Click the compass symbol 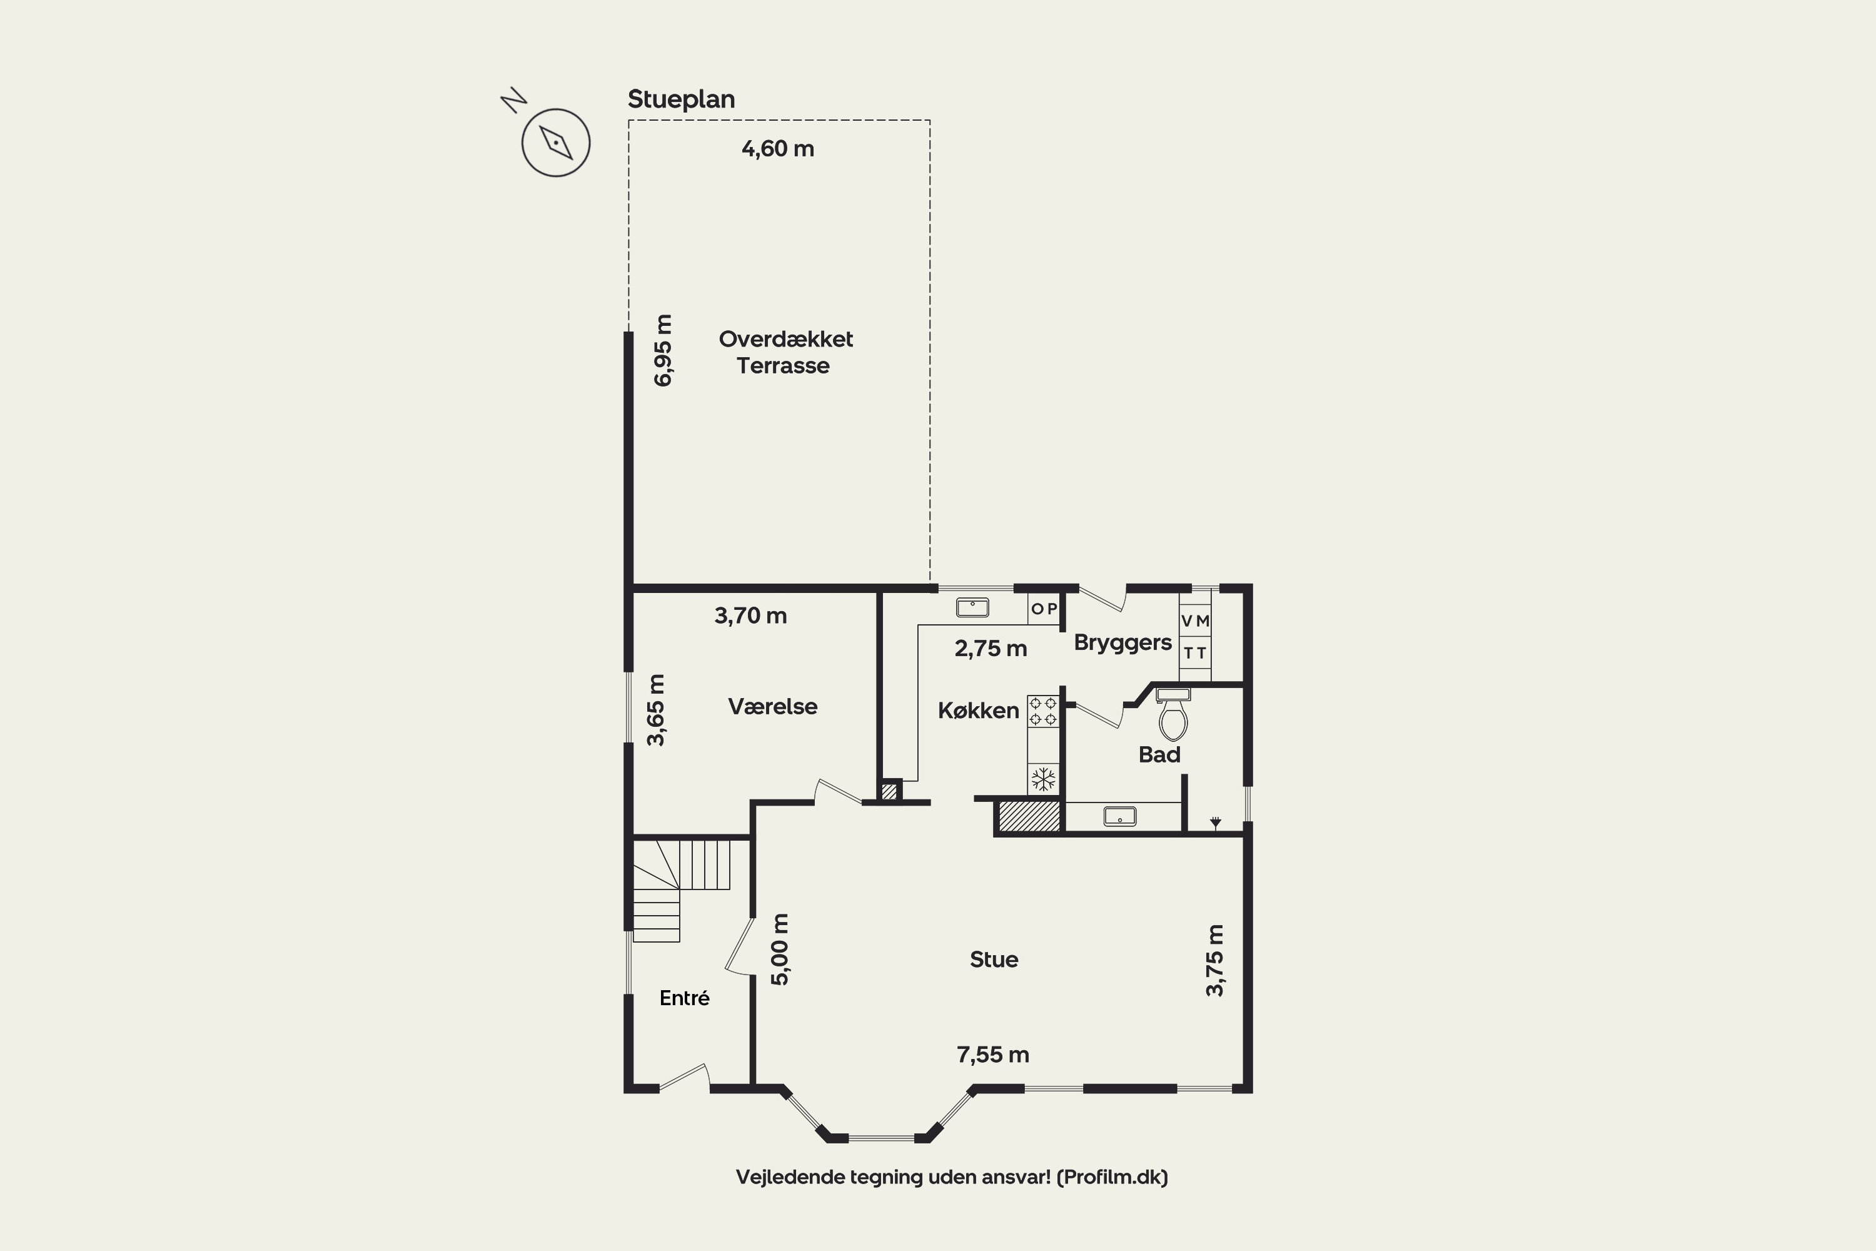[556, 142]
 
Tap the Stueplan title [681, 99]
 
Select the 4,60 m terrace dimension [778, 148]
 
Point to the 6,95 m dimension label [663, 350]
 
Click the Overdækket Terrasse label [785, 352]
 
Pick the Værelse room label [772, 706]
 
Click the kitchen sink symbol [972, 607]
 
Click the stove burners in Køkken [1042, 711]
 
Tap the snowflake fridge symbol [1043, 779]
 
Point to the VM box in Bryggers [1195, 620]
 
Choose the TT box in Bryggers [1195, 652]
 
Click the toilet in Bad [1172, 715]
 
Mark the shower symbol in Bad [1215, 822]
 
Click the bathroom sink [1120, 816]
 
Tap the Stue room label [994, 959]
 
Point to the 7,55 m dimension [993, 1055]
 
